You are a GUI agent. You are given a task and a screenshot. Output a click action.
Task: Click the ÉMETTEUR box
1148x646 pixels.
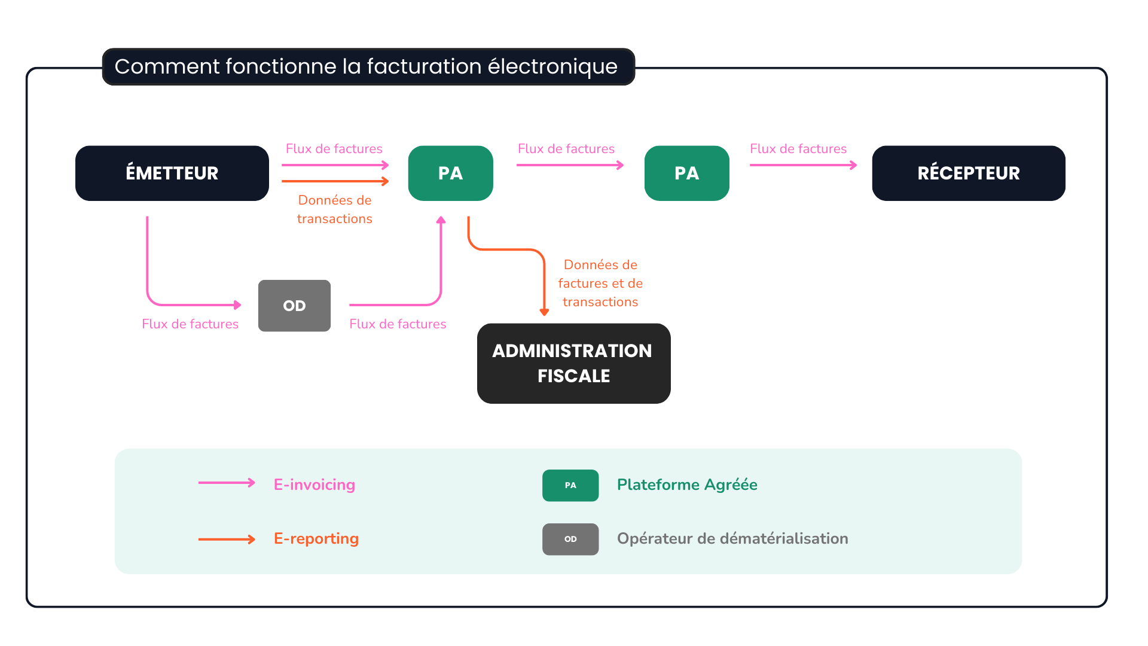click(172, 173)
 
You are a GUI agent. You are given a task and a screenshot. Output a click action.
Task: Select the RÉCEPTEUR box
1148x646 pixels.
click(968, 173)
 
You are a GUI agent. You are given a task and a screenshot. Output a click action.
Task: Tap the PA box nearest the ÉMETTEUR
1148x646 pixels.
click(450, 173)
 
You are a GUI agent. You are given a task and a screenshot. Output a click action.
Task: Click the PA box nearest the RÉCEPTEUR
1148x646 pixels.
click(686, 173)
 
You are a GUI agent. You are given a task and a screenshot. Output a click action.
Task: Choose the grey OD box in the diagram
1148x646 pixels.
click(294, 306)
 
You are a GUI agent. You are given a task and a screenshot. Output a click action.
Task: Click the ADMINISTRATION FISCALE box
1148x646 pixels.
click(573, 363)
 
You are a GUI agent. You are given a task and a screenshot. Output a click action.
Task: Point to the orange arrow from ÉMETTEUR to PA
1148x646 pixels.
click(335, 181)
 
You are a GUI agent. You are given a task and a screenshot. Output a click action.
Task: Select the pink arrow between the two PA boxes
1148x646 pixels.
click(569, 165)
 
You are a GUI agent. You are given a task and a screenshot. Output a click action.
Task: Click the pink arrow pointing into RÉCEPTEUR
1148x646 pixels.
click(802, 165)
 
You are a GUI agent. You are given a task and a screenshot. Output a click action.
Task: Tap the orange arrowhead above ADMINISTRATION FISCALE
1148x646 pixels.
click(544, 312)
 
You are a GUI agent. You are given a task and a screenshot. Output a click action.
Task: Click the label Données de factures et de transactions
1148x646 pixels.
click(600, 283)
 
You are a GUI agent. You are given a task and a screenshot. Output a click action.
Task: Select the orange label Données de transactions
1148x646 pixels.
click(335, 209)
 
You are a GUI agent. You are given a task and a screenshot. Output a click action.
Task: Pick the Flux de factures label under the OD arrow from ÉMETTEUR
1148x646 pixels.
click(190, 324)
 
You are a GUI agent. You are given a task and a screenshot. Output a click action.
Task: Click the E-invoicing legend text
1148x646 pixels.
click(314, 484)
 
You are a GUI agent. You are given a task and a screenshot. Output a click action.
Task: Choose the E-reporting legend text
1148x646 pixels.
click(316, 538)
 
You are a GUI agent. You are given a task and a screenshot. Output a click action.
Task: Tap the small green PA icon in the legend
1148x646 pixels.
click(570, 485)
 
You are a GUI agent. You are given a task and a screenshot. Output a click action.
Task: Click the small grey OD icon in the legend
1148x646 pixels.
click(570, 539)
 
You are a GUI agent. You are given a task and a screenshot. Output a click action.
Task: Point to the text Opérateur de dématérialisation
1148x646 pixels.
click(732, 538)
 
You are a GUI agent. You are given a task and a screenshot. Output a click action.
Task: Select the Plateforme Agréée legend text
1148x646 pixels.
click(686, 484)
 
